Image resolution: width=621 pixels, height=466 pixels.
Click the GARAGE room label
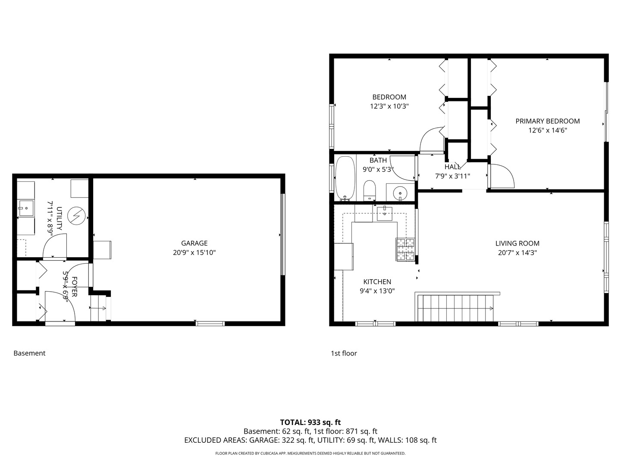pyautogui.click(x=194, y=243)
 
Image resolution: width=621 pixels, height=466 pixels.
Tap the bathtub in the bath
pyautogui.click(x=345, y=179)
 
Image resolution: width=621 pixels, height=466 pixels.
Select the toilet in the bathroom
pyautogui.click(x=370, y=190)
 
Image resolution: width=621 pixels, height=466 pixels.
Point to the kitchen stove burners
pyautogui.click(x=405, y=250)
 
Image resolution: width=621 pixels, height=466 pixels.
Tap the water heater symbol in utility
pyautogui.click(x=78, y=214)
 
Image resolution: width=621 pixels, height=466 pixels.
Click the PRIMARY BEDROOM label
pyautogui.click(x=547, y=121)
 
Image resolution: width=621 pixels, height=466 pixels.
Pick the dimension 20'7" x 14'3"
pyautogui.click(x=517, y=253)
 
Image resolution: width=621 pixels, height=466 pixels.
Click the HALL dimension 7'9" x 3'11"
pyautogui.click(x=452, y=176)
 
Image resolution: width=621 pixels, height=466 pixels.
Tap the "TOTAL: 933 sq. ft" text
pyautogui.click(x=310, y=422)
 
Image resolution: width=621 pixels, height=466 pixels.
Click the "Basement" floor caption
pyautogui.click(x=29, y=353)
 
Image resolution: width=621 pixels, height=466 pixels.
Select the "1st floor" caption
pyautogui.click(x=344, y=353)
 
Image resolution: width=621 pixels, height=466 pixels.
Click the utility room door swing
pyautogui.click(x=55, y=246)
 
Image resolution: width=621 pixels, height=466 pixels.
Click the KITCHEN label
pyautogui.click(x=377, y=282)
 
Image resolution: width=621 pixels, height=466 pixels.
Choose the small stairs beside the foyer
pyautogui.click(x=98, y=308)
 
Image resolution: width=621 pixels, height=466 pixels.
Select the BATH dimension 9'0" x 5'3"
pyautogui.click(x=378, y=170)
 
